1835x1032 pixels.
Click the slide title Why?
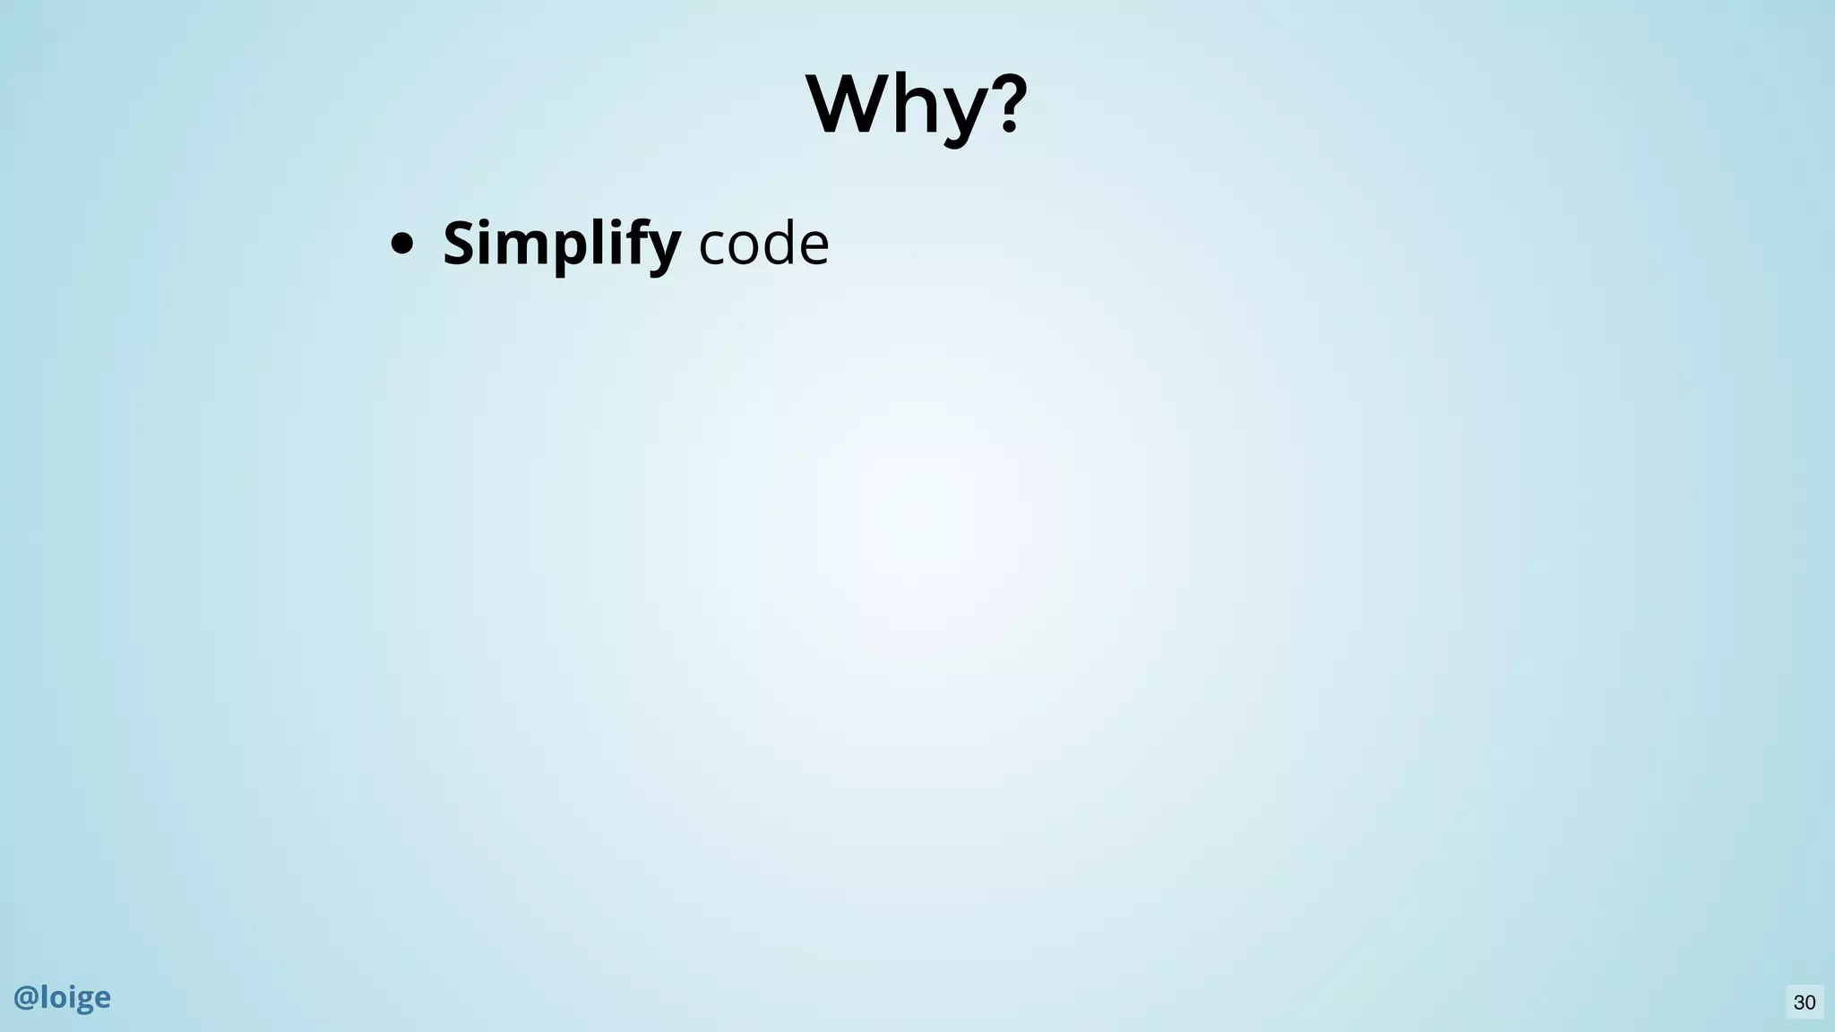[x=917, y=106]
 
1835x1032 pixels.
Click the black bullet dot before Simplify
[x=401, y=244]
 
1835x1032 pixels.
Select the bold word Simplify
[x=561, y=244]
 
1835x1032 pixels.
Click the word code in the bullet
[x=763, y=244]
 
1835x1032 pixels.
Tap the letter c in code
[x=712, y=246]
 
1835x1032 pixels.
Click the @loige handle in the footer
[x=62, y=997]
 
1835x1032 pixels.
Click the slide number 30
[x=1805, y=1002]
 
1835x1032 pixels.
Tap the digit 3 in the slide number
[x=1798, y=1002]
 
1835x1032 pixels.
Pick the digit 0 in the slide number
[x=1810, y=1002]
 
